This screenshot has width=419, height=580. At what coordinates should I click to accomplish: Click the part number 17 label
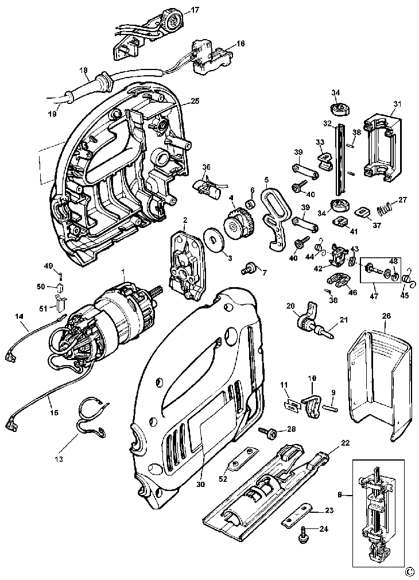(x=195, y=10)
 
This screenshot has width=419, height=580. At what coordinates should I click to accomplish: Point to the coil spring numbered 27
(x=384, y=211)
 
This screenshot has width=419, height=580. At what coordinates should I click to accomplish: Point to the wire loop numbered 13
(x=91, y=416)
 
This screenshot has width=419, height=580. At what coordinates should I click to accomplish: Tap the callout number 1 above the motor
(x=123, y=272)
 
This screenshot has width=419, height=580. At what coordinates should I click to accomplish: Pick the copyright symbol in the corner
(x=409, y=574)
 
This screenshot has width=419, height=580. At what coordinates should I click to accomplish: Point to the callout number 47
(x=374, y=296)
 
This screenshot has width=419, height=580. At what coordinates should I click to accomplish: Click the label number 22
(x=346, y=443)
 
